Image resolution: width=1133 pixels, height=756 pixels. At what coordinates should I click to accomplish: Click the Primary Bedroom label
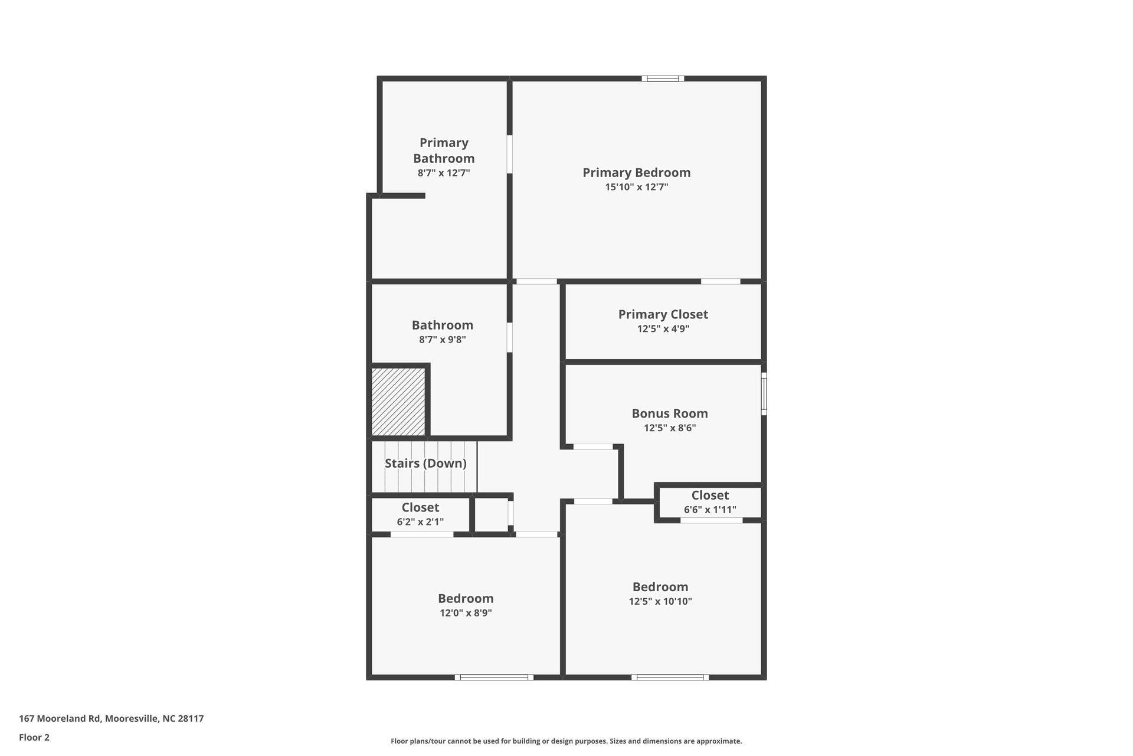[636, 172]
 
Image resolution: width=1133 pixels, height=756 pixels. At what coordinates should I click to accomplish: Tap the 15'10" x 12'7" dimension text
[636, 187]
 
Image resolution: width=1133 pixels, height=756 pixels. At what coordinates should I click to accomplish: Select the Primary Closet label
[663, 314]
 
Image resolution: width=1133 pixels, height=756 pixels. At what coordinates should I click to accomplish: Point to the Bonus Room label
[669, 413]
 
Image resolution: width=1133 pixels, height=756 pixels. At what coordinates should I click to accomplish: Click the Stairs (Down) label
[425, 463]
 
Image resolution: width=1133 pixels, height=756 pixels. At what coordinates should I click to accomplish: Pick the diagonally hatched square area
[398, 402]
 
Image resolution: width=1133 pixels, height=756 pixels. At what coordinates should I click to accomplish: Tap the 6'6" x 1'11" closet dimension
[710, 510]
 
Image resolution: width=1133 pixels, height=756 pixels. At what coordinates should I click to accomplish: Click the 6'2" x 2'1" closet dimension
[420, 522]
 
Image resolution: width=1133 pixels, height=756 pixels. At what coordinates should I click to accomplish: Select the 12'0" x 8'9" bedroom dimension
[466, 613]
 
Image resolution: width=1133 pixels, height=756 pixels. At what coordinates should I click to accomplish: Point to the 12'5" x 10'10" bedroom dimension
[660, 601]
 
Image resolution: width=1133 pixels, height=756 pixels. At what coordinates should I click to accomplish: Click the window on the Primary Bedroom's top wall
[663, 79]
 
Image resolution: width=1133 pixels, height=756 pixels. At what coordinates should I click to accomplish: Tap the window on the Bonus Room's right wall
[764, 393]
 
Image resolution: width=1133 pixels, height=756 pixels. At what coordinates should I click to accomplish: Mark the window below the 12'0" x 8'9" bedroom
[494, 677]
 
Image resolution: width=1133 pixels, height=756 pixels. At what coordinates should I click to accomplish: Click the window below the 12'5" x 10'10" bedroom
[670, 677]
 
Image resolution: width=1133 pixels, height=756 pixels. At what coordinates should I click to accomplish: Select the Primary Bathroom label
[444, 151]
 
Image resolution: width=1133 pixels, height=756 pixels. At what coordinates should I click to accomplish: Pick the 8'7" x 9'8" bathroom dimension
[443, 340]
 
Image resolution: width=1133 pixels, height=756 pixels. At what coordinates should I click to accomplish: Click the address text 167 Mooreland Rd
[111, 719]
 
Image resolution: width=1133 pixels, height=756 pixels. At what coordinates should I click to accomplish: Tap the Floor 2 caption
[34, 737]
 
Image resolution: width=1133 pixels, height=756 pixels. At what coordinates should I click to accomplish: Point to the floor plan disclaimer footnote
[566, 741]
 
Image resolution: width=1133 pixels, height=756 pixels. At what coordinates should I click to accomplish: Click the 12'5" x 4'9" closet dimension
[663, 329]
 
